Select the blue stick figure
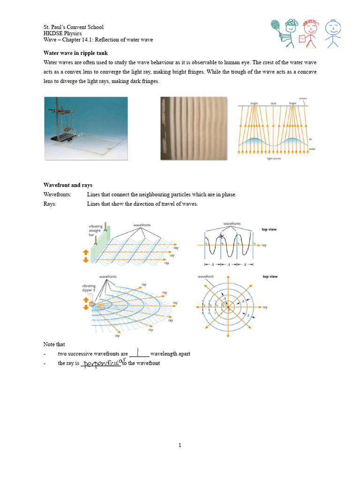pyautogui.click(x=333, y=33)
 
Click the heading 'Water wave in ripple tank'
pyautogui.click(x=75, y=53)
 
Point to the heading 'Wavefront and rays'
pyautogui.click(x=68, y=185)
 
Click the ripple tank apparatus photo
pyautogui.click(x=85, y=128)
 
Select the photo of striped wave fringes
pyautogui.click(x=194, y=128)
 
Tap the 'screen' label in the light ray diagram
pyautogui.click(x=302, y=98)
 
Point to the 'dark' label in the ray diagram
pyautogui.click(x=273, y=103)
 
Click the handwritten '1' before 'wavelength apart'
pyautogui.click(x=139, y=352)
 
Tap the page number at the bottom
pyautogui.click(x=180, y=445)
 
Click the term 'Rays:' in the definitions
pyautogui.click(x=50, y=204)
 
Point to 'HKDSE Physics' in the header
pyautogui.click(x=62, y=34)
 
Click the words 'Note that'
pyautogui.click(x=54, y=345)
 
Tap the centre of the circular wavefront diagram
pyautogui.click(x=228, y=307)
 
